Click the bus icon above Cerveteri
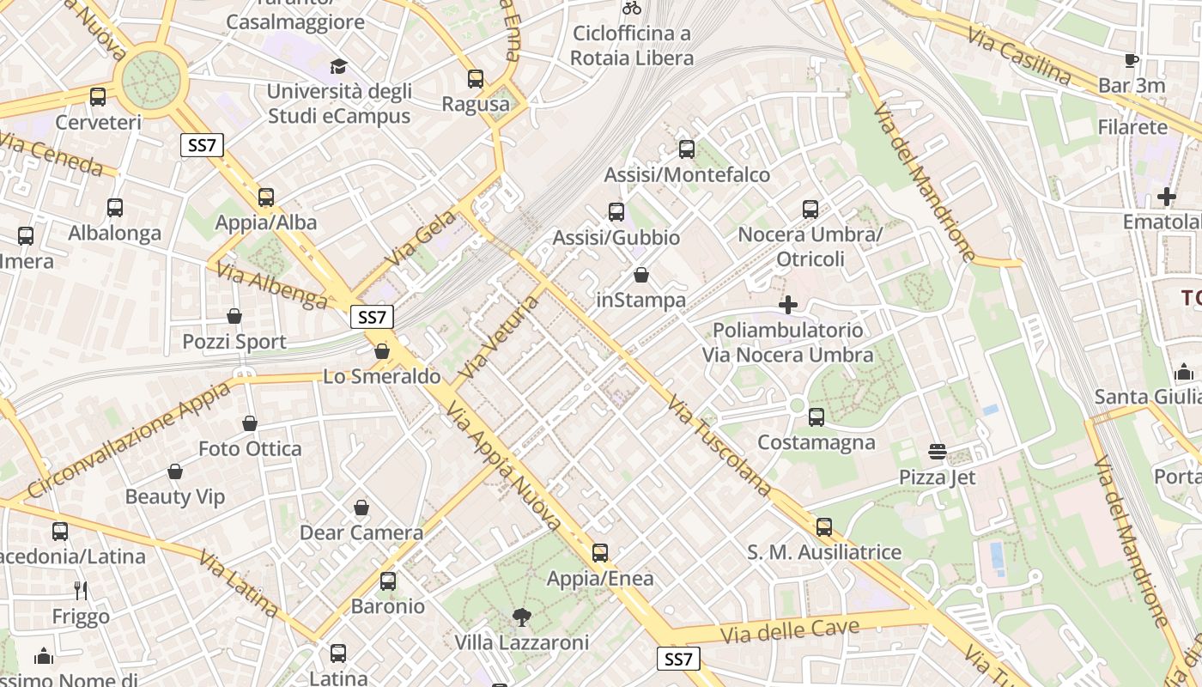[98, 97]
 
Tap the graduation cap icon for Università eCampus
[338, 66]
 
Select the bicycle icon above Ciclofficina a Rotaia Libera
[632, 9]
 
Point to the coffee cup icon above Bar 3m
[1132, 60]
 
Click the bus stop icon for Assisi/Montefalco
[687, 149]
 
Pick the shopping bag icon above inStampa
[641, 275]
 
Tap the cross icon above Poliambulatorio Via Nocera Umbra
[788, 305]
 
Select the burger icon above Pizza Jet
[937, 452]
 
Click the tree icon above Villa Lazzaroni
[521, 617]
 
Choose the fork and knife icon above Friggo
[81, 591]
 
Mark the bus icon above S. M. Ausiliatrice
[824, 526]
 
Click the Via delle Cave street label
[790, 631]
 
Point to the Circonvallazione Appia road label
[129, 439]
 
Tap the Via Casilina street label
[1019, 57]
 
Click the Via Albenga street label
[270, 286]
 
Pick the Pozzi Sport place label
[234, 342]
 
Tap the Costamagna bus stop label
[817, 442]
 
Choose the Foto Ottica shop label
[250, 448]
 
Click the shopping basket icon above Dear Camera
[361, 508]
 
